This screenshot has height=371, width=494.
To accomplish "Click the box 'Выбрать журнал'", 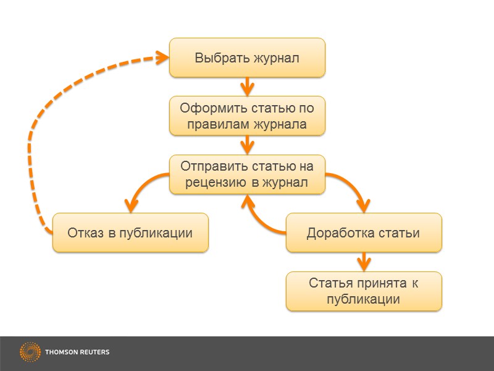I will [247, 58].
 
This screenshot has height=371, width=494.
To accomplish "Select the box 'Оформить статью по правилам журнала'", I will [247, 116].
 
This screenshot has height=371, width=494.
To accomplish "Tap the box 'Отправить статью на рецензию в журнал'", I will [247, 174].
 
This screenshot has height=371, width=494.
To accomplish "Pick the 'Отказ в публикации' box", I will [130, 233].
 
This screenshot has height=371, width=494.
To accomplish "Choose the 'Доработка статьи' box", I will [363, 233].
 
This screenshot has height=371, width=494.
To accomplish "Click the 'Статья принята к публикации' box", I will [363, 291].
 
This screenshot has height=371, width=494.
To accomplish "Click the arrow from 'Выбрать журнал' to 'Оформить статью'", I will [247, 87].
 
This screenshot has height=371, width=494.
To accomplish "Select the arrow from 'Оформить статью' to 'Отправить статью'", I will [247, 145].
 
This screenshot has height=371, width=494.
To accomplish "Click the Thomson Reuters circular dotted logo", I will [30, 352].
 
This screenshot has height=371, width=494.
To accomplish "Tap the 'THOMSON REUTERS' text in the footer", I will [77, 352].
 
